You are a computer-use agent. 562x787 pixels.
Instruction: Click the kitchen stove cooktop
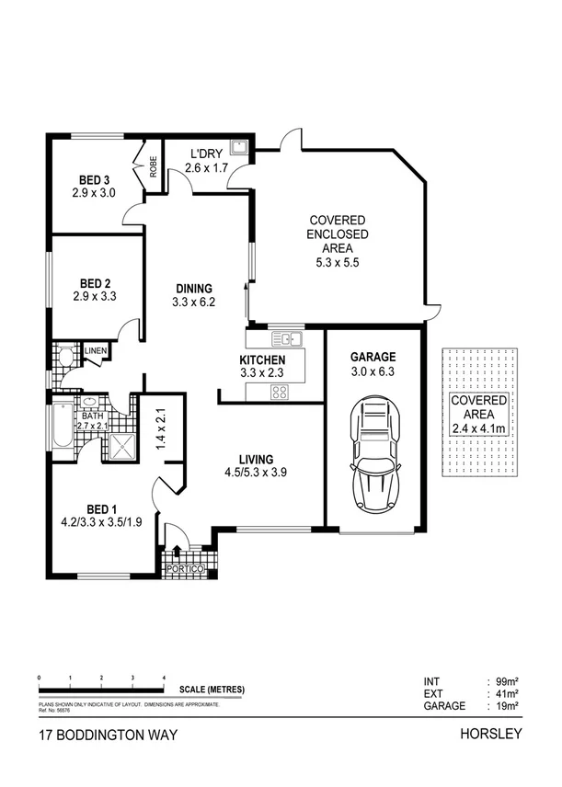280,393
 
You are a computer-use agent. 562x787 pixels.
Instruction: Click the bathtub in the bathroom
62,427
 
